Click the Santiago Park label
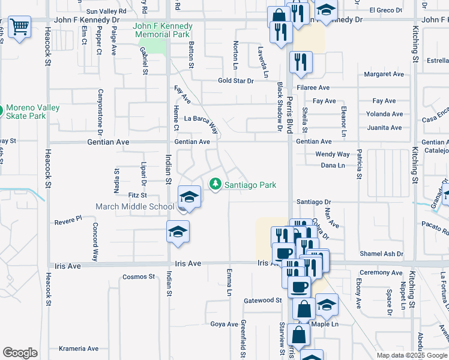[x=250, y=185]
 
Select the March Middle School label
[x=135, y=207]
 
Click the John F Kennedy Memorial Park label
[x=163, y=31]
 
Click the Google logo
[x=20, y=353]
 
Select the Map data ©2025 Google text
[x=411, y=355]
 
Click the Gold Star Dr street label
[x=236, y=80]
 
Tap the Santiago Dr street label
[x=313, y=202]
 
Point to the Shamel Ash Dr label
[x=381, y=254]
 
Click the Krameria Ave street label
[x=78, y=348]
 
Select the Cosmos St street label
[x=139, y=277]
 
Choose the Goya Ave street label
[x=224, y=324]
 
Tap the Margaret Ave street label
[x=384, y=74]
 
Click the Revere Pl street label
[x=68, y=220]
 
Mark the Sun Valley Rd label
[x=107, y=11]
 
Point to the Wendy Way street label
[x=333, y=154]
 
